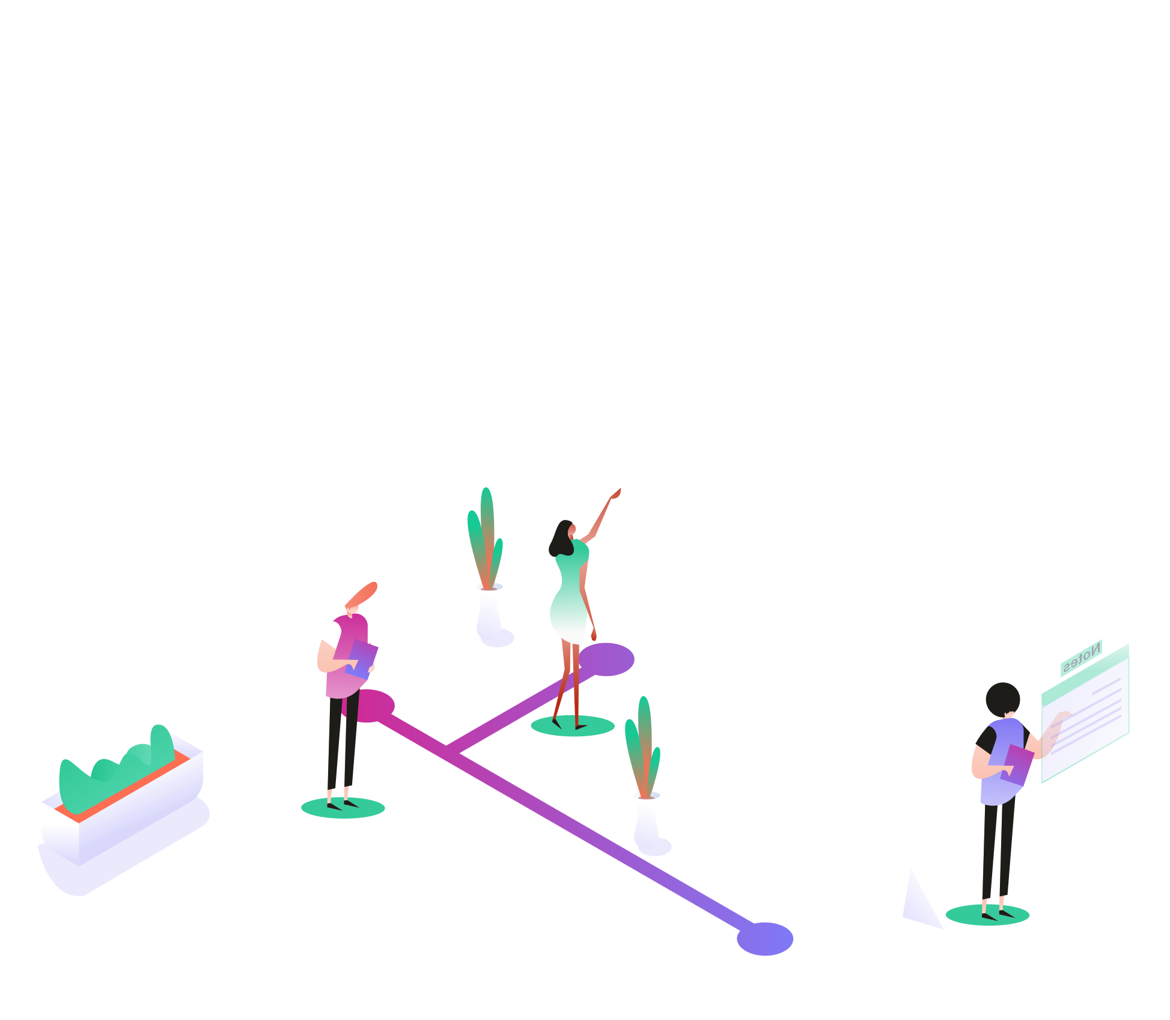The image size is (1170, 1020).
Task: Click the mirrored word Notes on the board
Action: point(1081,658)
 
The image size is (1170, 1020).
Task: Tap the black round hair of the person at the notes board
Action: point(1002,698)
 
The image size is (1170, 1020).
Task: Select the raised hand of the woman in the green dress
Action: point(616,493)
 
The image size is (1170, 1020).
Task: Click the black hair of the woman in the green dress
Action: point(560,538)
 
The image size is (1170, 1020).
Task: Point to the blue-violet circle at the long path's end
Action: point(765,938)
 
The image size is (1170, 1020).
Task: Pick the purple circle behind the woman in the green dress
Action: point(611,659)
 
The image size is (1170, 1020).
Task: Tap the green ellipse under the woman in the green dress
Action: point(572,726)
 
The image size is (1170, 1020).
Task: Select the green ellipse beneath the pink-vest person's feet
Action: point(343,808)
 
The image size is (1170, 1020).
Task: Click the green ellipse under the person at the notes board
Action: point(987,915)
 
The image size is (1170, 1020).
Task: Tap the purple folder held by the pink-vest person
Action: point(362,658)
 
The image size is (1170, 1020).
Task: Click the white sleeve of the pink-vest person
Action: point(331,634)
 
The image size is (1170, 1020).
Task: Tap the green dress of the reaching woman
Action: point(570,595)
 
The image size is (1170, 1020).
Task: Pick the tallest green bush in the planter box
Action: point(161,742)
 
